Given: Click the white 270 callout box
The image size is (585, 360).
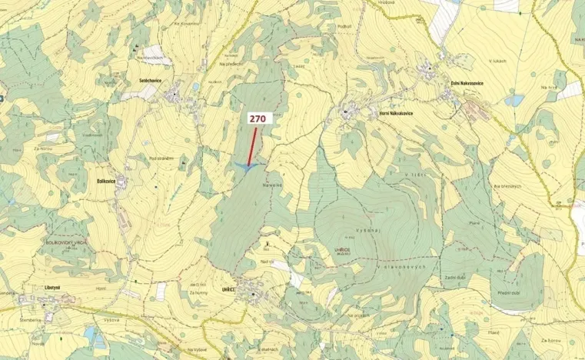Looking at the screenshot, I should (x=257, y=119).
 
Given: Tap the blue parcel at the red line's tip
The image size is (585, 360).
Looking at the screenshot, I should (x=248, y=165).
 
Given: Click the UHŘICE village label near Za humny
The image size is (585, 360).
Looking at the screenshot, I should (x=228, y=288).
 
